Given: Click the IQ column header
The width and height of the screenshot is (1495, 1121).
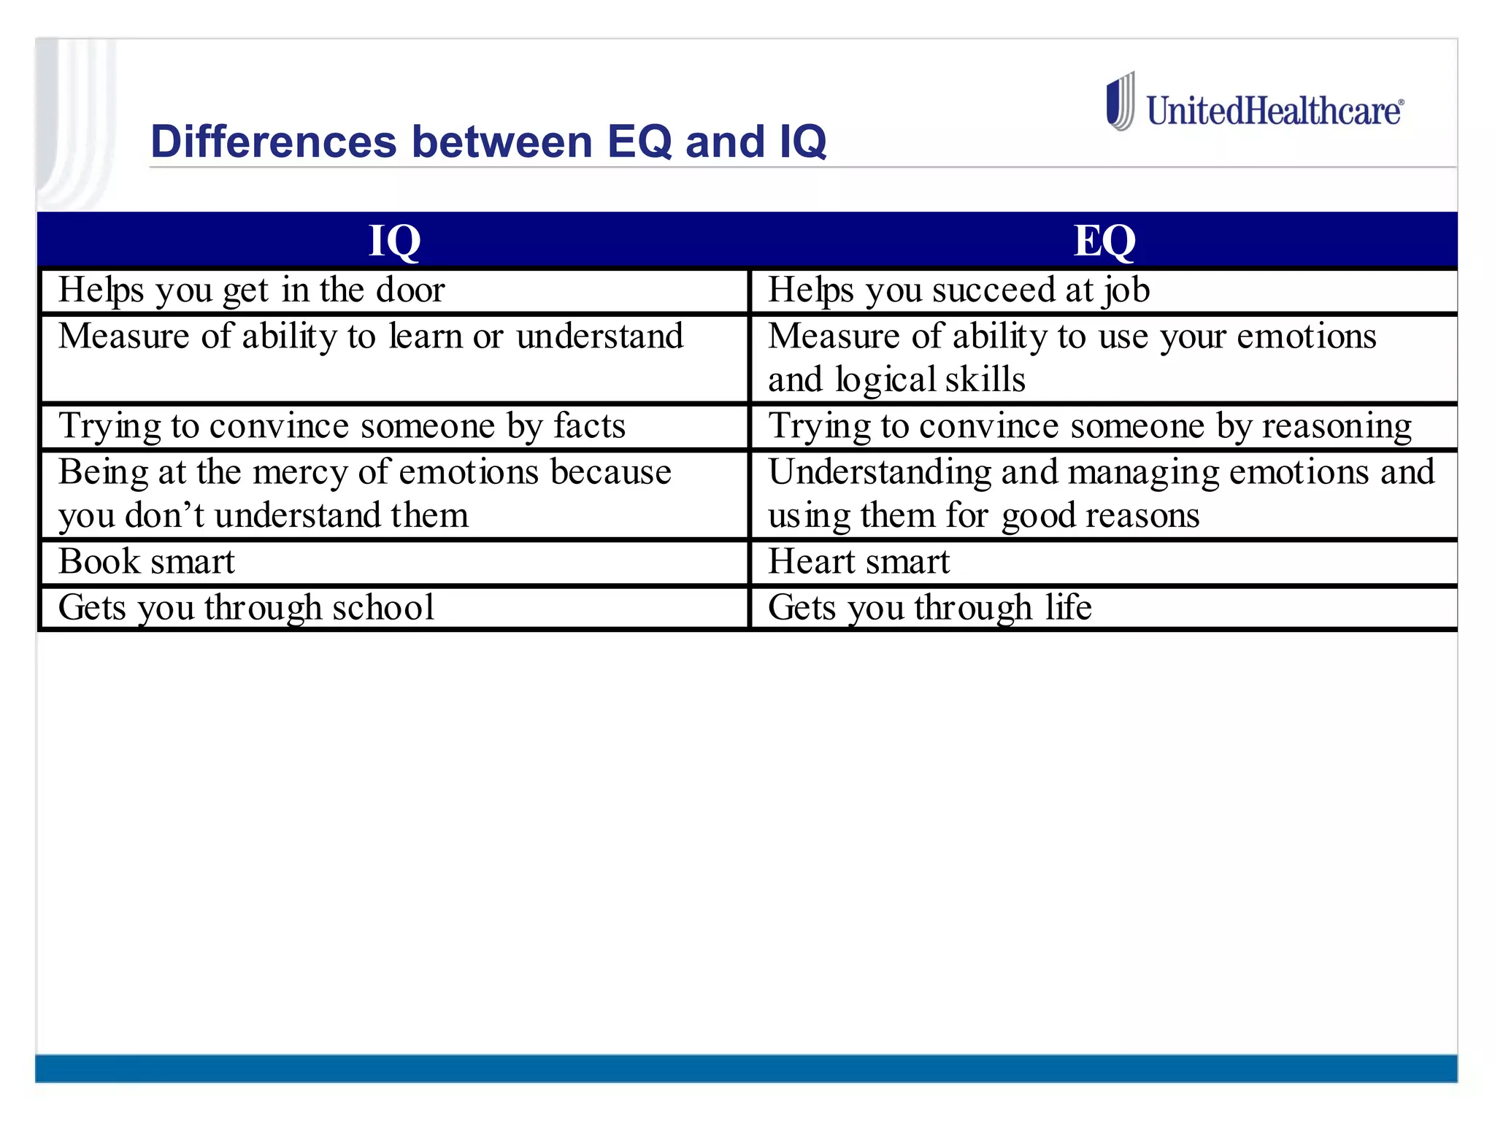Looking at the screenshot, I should pos(394,241).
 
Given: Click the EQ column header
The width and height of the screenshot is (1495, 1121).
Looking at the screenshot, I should pos(1104,241).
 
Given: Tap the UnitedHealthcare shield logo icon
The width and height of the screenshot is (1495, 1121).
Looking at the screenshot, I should pos(1121,102).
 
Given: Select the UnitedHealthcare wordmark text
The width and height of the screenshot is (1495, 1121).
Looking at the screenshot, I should pos(1274,112).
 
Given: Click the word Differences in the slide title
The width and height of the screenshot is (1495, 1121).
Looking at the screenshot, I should pos(273,142).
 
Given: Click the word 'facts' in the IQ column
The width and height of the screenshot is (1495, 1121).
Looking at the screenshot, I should pos(589,426).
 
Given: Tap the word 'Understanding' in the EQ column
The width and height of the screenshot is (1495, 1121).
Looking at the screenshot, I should pos(879,473).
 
